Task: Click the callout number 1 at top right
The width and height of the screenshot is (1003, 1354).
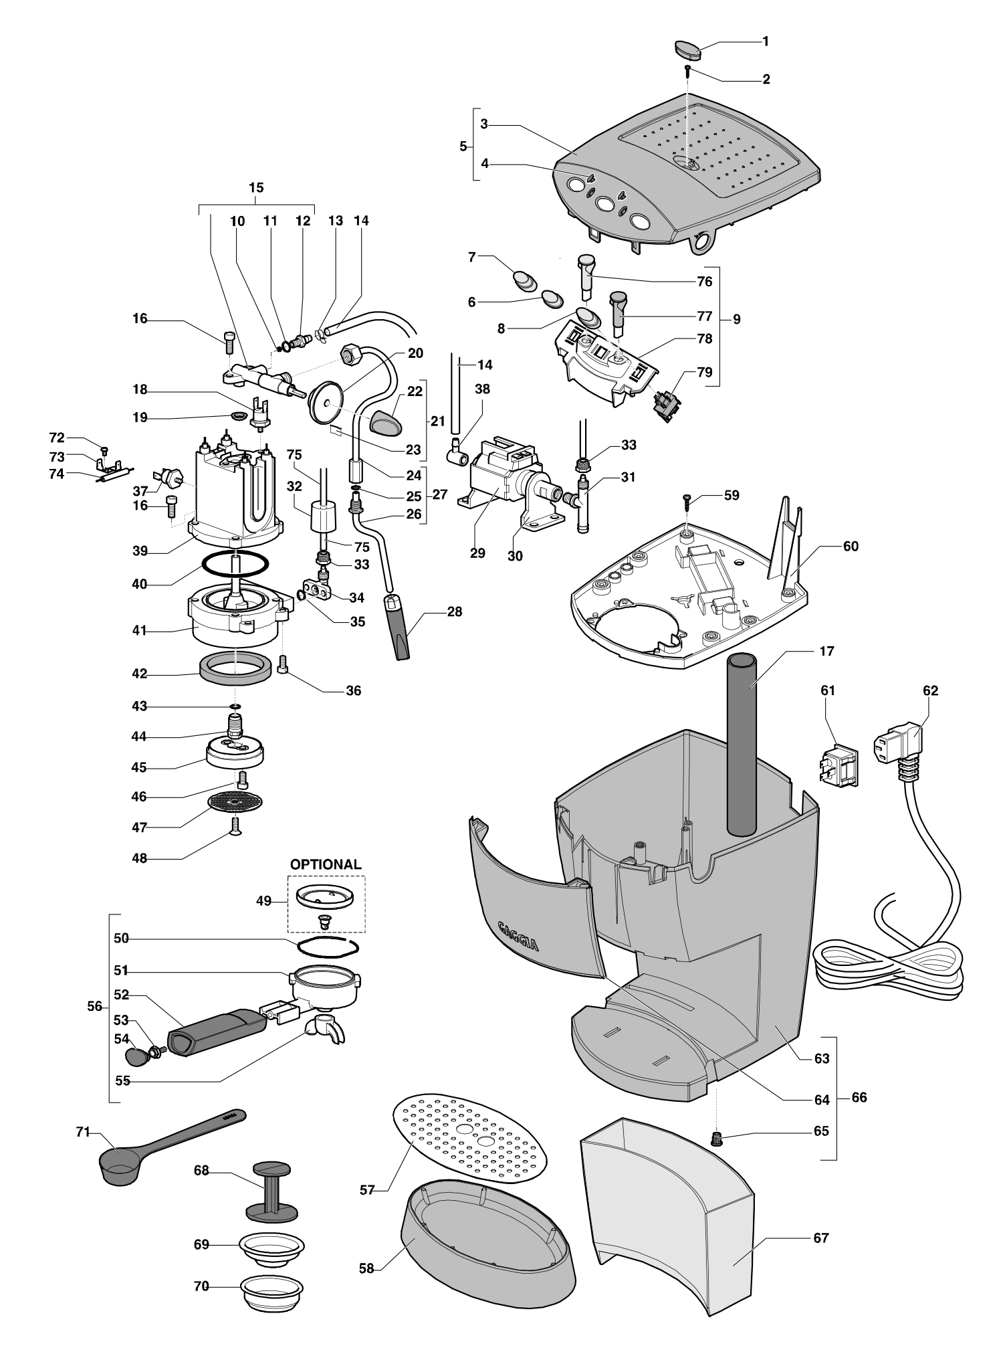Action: (x=766, y=41)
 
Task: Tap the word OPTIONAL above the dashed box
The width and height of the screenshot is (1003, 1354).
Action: (x=325, y=864)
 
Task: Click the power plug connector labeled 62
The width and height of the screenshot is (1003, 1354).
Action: (x=899, y=747)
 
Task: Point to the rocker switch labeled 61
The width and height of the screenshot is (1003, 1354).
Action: (x=838, y=765)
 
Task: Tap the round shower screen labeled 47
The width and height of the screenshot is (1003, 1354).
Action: (x=235, y=801)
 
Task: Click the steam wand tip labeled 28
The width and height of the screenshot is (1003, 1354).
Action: (x=399, y=627)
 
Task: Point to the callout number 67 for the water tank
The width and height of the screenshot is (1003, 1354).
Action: (x=820, y=1238)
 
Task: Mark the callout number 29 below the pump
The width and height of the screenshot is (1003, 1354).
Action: (x=477, y=554)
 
